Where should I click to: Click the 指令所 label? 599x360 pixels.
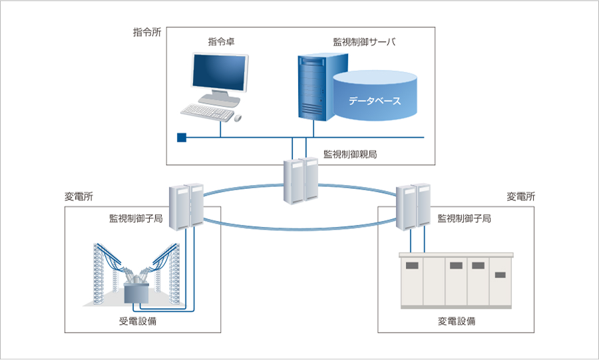147,32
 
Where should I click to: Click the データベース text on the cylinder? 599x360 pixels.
375,101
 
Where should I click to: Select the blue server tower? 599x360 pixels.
313,87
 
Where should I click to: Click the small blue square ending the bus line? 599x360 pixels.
181,138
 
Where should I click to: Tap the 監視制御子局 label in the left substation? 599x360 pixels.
136,218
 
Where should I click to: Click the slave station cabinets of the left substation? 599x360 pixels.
186,205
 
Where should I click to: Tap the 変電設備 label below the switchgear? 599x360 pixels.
457,321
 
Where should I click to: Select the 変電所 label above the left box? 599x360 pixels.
79,197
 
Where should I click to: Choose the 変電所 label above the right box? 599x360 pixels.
520,197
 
